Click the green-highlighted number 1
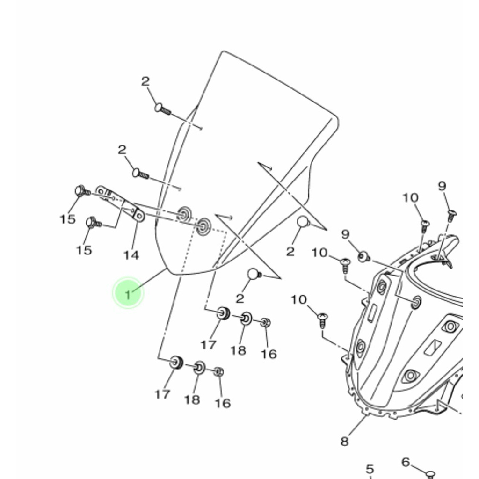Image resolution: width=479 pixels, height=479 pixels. click(128, 295)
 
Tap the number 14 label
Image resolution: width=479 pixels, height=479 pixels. click(131, 255)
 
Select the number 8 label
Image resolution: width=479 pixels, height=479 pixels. click(344, 441)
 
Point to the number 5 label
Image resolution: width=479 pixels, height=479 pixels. click(370, 469)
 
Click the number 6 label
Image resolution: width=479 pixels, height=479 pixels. click(406, 462)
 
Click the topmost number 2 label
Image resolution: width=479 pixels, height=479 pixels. click(145, 81)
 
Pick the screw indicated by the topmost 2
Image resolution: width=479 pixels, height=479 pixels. click(163, 109)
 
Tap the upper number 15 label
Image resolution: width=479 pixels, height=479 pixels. click(67, 219)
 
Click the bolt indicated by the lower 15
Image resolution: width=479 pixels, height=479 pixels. click(94, 223)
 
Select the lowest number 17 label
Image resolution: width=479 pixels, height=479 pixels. click(162, 394)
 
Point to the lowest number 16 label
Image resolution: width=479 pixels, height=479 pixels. click(223, 403)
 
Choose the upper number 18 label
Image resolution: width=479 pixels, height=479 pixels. click(238, 350)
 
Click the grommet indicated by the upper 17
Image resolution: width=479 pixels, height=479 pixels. click(223, 313)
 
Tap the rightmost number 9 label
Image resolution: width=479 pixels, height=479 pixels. click(442, 186)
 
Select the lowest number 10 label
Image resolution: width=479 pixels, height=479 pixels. click(298, 300)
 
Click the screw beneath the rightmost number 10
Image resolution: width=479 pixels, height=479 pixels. click(425, 226)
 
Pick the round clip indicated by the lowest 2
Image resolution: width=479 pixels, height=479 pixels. click(254, 274)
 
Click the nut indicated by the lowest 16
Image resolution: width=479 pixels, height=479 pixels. click(219, 372)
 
